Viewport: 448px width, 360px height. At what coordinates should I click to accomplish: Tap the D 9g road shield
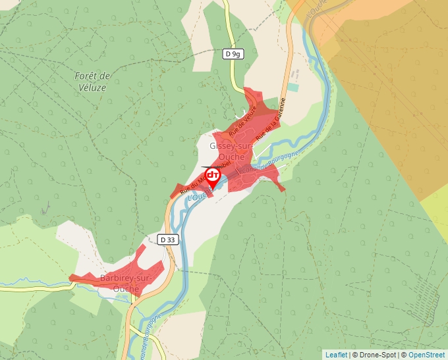point(232,54)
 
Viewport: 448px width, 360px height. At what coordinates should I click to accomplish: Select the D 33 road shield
point(168,240)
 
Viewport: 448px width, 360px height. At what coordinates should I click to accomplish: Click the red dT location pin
point(213,176)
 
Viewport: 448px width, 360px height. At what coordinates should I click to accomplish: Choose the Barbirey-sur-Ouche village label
point(123,283)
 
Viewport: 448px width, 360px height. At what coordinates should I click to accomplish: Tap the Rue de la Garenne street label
point(271,119)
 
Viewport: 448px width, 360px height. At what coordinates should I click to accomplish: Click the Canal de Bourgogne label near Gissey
point(270,163)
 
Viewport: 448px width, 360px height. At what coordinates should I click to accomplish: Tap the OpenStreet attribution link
point(428,355)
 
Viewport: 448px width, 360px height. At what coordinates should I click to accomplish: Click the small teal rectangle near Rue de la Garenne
point(293,87)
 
